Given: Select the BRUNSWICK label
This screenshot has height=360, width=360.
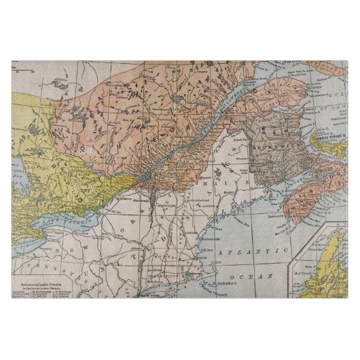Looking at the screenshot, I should [x=268, y=145].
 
